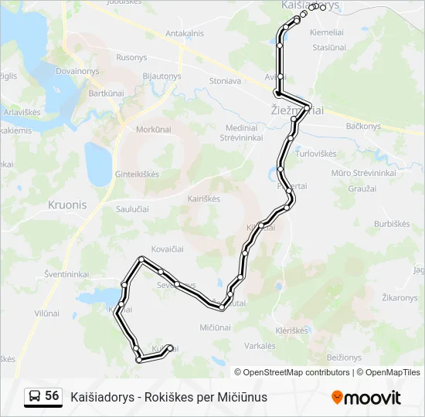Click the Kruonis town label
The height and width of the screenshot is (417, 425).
[x=67, y=205]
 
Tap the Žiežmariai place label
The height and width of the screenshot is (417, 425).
[x=297, y=111]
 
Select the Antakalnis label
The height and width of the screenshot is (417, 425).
[x=185, y=33]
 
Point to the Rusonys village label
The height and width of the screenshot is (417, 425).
[x=131, y=58]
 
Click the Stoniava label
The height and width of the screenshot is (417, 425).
[x=225, y=80]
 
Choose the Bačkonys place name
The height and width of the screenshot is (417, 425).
[x=363, y=126]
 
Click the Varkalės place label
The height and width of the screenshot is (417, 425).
[x=260, y=345]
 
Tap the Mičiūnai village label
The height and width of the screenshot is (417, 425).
[x=215, y=327]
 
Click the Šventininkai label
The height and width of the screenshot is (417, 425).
[x=66, y=274]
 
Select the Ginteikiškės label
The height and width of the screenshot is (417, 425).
[x=138, y=174]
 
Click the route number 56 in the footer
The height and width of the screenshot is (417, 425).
[x=52, y=396]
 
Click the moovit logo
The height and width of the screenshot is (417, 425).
[x=366, y=398]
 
